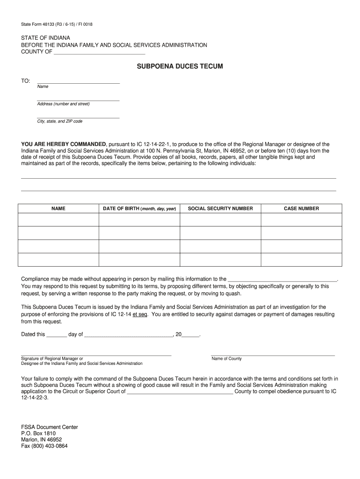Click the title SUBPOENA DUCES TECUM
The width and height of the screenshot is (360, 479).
click(180, 67)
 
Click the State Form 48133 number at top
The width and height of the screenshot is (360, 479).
click(60, 24)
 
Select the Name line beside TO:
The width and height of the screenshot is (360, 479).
click(78, 82)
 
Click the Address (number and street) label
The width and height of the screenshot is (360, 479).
click(63, 104)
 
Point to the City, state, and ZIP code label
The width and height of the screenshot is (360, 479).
click(60, 121)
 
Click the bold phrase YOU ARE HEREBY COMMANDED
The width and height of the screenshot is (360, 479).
click(64, 145)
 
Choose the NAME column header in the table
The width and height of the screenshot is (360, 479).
click(58, 209)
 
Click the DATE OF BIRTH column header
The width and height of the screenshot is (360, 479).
click(139, 209)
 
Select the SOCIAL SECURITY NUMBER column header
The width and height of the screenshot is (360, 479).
click(220, 209)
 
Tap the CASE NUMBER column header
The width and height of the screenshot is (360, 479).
click(302, 209)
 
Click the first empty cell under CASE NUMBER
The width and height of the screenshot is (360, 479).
click(302, 220)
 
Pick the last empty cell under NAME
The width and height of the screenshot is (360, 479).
click(58, 260)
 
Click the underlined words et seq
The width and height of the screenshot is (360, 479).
click(140, 314)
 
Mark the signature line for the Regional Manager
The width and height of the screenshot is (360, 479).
click(96, 355)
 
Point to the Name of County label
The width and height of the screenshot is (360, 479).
click(227, 359)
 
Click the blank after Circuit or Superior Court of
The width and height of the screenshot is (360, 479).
click(180, 392)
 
